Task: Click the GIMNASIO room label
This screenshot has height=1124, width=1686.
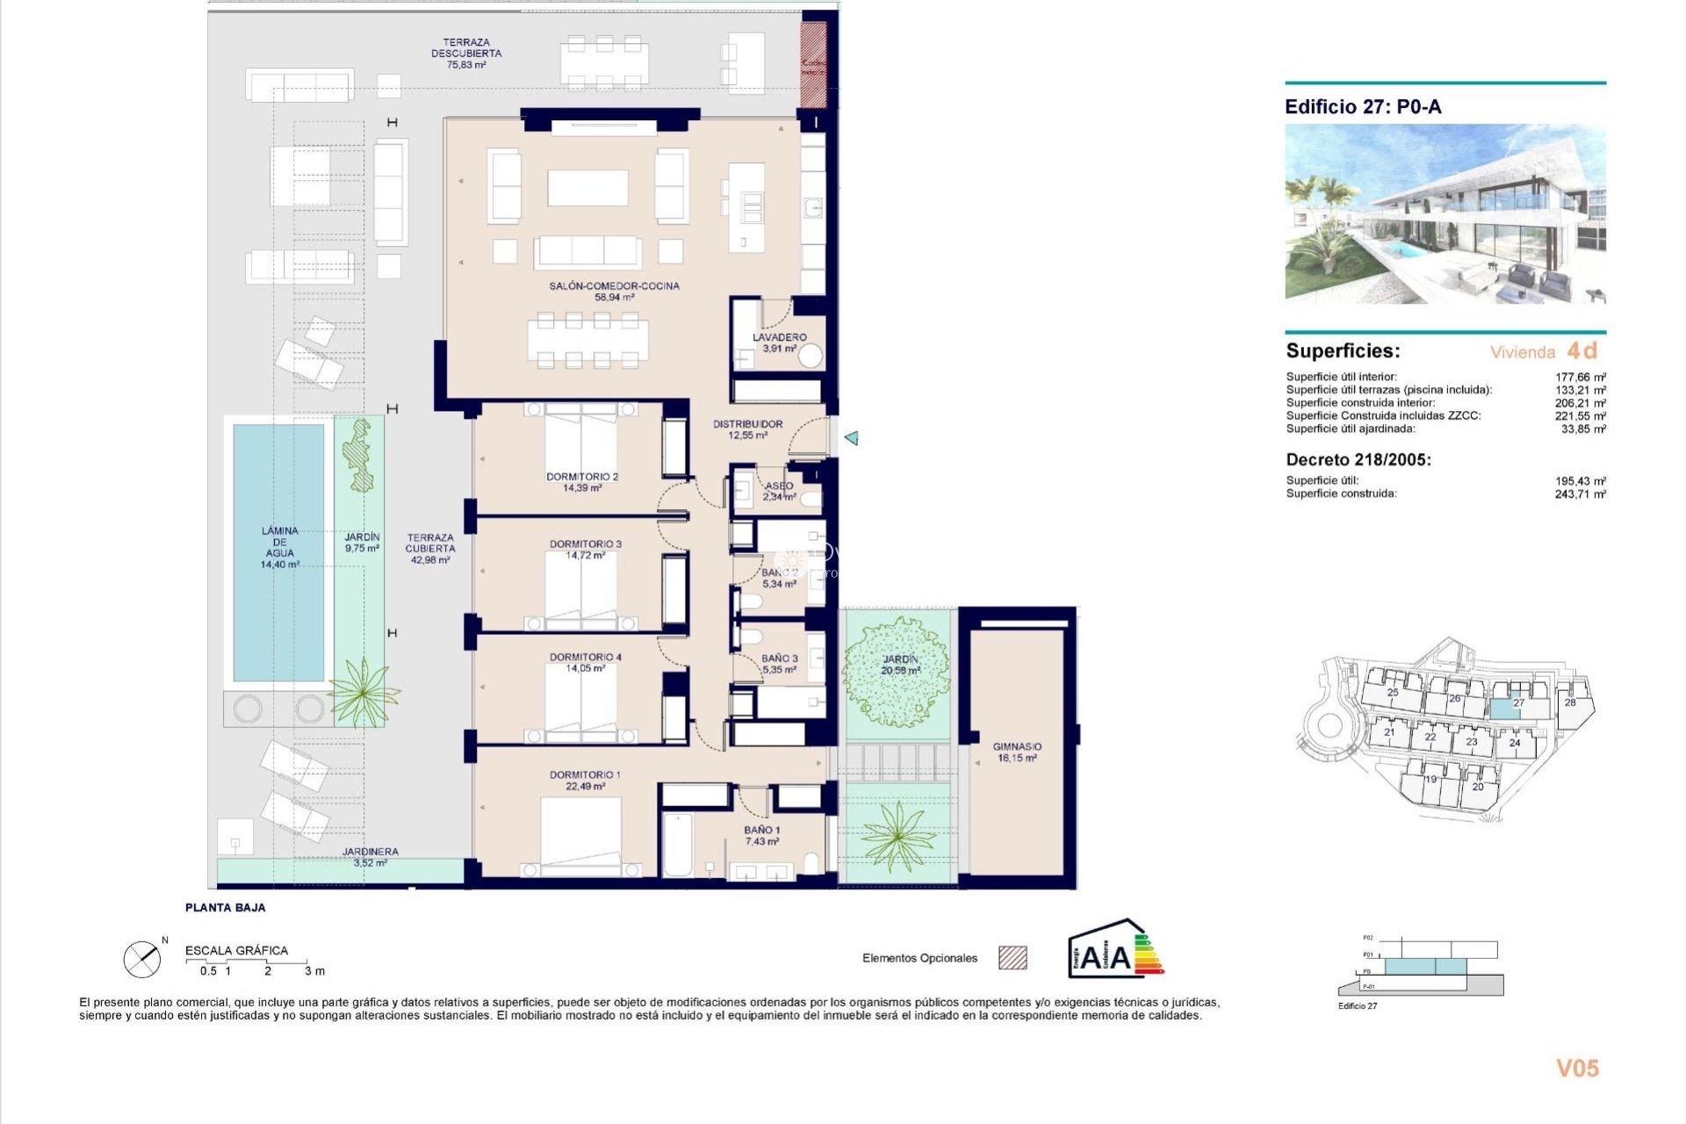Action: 1017,752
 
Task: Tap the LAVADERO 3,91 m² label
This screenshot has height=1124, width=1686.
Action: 779,342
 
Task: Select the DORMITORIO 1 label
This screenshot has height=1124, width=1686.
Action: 585,780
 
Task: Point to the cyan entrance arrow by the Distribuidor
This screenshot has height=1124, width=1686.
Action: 851,437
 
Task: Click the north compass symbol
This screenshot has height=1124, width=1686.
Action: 142,959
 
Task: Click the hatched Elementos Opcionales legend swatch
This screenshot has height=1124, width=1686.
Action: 1012,958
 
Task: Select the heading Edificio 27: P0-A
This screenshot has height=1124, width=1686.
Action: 1363,107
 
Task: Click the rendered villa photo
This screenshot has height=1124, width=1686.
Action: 1445,214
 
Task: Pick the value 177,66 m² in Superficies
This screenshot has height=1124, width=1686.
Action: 1580,377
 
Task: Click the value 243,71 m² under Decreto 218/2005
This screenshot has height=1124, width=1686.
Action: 1580,494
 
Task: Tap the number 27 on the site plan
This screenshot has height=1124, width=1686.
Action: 1518,703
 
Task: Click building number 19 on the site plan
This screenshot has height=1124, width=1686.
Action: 1430,779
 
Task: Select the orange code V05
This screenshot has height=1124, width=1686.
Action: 1577,1068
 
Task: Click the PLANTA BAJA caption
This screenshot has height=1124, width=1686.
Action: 225,907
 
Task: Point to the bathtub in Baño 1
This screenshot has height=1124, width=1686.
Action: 677,845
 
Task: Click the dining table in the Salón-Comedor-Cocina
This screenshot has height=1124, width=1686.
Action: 587,340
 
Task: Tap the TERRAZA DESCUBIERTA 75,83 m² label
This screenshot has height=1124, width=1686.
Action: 466,54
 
